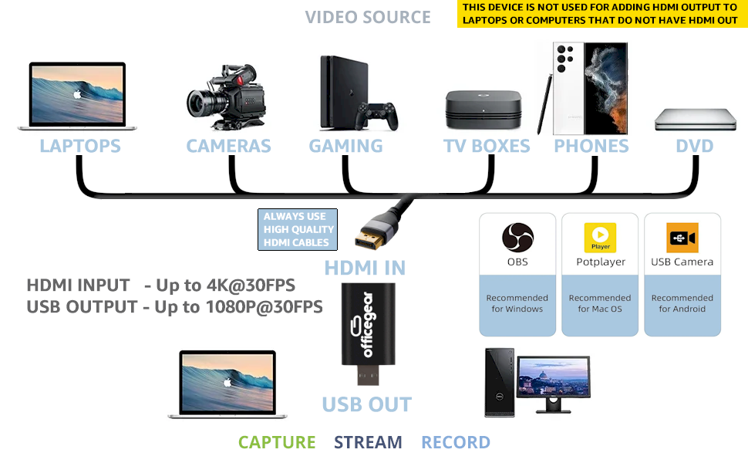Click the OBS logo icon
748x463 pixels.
pyautogui.click(x=517, y=237)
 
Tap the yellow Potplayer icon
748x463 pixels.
pyautogui.click(x=600, y=237)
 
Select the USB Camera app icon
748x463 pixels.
pyautogui.click(x=682, y=237)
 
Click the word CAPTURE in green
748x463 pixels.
pyautogui.click(x=277, y=442)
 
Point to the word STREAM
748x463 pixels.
pyautogui.click(x=368, y=442)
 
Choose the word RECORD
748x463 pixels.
pyautogui.click(x=456, y=442)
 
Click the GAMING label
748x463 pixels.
pyautogui.click(x=345, y=146)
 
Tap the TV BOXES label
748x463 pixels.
pyautogui.click(x=487, y=146)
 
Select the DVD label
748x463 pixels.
pyautogui.click(x=694, y=146)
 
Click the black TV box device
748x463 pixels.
pyautogui.click(x=484, y=110)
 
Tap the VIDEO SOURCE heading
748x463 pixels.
pyautogui.click(x=368, y=17)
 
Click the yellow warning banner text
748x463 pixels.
pyautogui.click(x=598, y=14)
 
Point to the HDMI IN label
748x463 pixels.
pyautogui.click(x=365, y=268)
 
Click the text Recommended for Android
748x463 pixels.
pyautogui.click(x=682, y=303)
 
